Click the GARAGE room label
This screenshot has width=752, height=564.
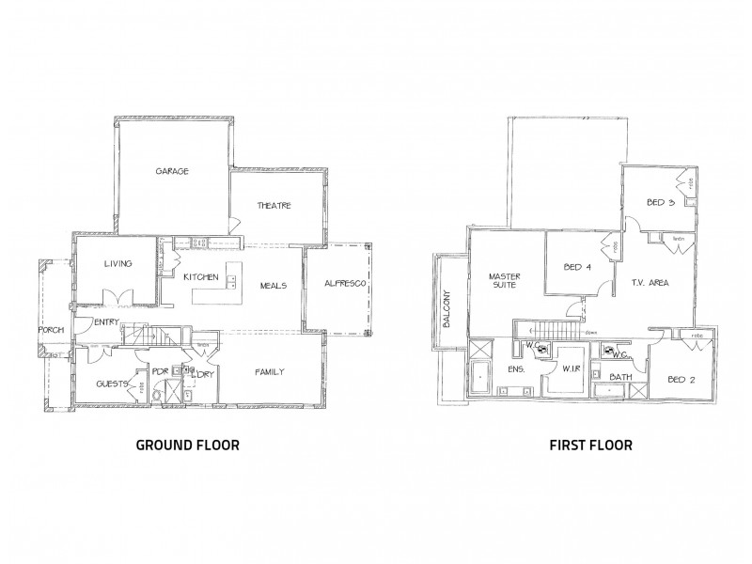point(174,172)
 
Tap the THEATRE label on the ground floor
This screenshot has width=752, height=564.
point(274,206)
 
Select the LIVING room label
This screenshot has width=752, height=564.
point(118,264)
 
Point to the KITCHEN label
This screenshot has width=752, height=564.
point(201,276)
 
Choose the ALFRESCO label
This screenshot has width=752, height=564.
point(344,284)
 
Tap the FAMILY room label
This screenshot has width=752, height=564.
point(270,372)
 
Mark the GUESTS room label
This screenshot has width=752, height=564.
point(112,384)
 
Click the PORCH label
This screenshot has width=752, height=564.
point(50,331)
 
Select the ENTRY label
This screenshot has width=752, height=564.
point(106,322)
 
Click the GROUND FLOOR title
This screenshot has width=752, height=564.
point(188,445)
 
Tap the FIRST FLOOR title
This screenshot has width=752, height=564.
point(589,445)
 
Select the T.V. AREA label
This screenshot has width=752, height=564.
point(650,282)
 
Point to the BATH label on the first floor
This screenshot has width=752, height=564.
point(620,378)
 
